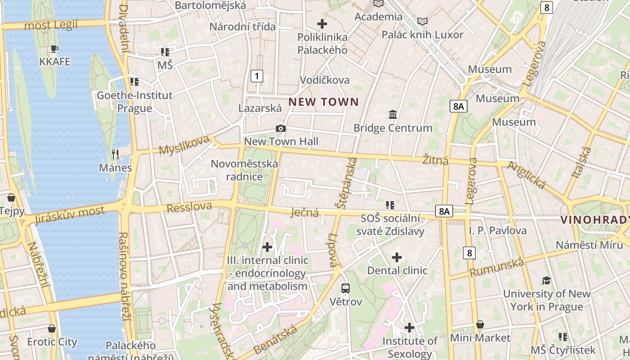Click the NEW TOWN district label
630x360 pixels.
point(324,102)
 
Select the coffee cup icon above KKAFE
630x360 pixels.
point(54,49)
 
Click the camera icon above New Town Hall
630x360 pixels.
point(281,129)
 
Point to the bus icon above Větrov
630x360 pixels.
point(345,288)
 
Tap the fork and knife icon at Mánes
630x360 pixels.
point(115,154)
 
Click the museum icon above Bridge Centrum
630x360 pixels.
point(393,115)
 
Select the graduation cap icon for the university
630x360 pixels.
point(546,281)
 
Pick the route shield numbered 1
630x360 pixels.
point(256,76)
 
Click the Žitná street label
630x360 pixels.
point(436,160)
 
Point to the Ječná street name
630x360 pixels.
point(305,212)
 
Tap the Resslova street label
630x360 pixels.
point(189,207)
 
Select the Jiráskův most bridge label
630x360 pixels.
point(69,215)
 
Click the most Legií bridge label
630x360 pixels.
point(51,25)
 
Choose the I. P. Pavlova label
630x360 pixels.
point(498,231)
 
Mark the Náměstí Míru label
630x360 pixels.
point(589,245)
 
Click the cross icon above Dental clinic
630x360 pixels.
point(396,257)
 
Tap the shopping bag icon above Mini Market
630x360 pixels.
point(480,325)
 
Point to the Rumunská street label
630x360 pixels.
point(497,267)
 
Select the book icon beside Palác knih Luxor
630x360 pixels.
point(422,21)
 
